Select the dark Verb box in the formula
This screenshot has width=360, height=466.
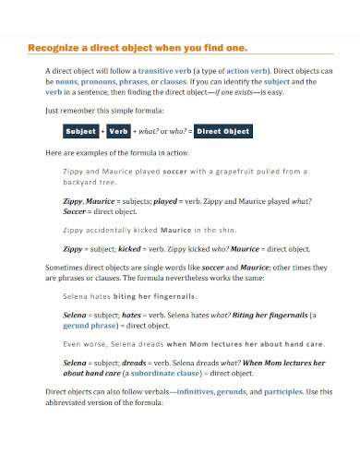[118, 131]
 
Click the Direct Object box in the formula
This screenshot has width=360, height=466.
[223, 131]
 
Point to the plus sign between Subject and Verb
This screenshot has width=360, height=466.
[102, 131]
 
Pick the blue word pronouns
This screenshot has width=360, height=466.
[97, 80]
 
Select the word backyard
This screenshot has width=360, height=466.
[80, 183]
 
